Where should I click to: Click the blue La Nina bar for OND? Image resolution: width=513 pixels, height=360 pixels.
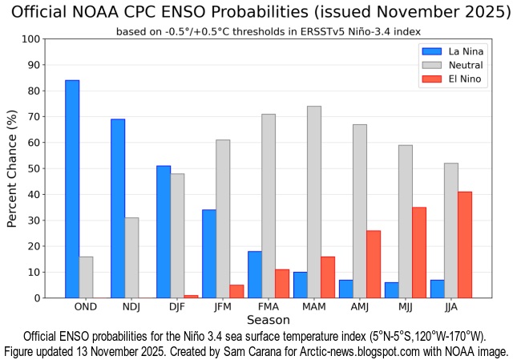72,189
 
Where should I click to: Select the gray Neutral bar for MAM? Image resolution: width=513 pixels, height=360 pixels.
313,202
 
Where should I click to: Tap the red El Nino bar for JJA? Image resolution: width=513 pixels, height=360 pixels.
465,245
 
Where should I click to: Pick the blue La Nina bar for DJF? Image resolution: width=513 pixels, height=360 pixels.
164,232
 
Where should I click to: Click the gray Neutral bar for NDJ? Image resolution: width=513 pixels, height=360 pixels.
131,257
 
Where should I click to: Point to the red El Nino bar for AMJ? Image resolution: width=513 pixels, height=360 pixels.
374,264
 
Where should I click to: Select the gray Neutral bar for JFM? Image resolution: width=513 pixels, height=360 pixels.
223,219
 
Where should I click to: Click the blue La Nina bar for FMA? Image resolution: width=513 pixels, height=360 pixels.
255,274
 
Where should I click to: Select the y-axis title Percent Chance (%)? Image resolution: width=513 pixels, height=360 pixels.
12,168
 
